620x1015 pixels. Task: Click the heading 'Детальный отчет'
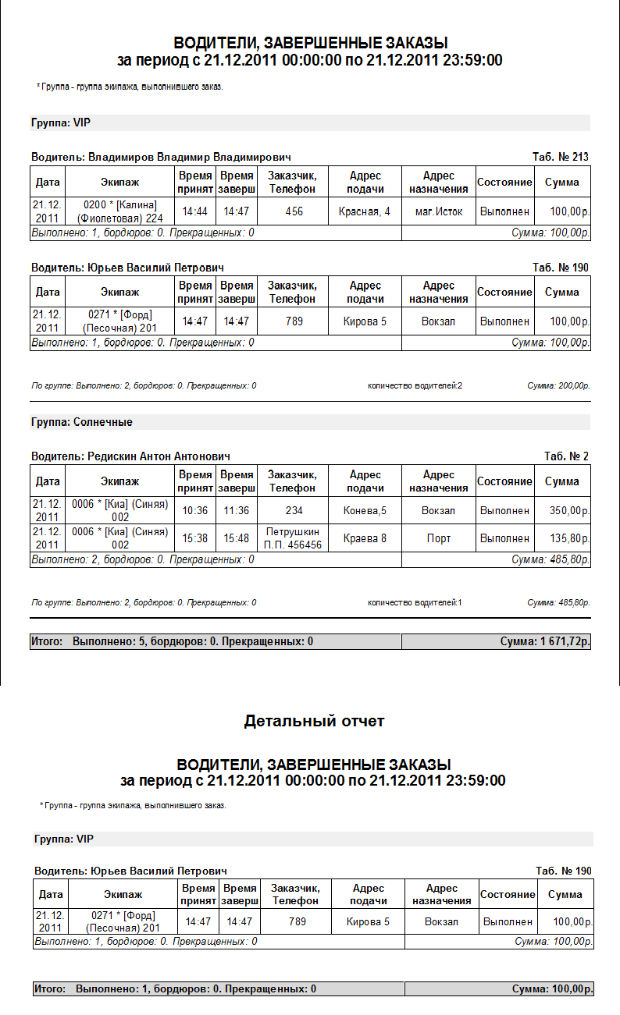pos(314,721)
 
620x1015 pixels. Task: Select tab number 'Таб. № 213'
pos(561,157)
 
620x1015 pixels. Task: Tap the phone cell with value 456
pos(294,211)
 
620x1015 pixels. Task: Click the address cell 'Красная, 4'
pos(365,211)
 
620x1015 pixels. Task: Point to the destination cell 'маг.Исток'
pos(438,211)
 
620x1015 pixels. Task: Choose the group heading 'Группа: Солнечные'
pos(82,422)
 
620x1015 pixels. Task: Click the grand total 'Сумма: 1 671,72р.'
pos(545,641)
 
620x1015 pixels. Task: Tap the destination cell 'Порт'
pos(438,538)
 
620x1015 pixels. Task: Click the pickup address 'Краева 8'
pos(365,538)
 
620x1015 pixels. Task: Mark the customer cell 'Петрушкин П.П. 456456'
pos(294,538)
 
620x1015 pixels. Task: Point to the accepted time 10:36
pos(194,511)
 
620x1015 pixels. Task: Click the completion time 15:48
pos(236,538)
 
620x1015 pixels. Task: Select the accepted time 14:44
pos(194,211)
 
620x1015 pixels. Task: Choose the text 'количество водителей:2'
pos(415,385)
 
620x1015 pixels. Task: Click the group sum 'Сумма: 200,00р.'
pos(558,385)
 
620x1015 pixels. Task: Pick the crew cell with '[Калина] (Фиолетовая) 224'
pos(120,211)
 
